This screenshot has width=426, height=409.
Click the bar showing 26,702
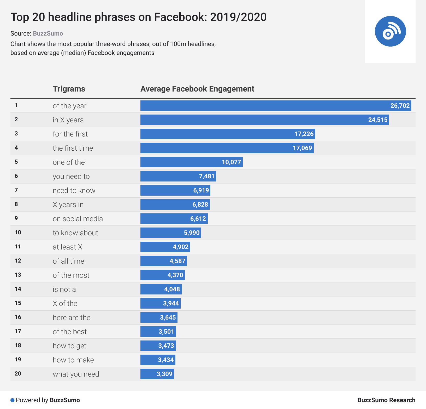click(276, 106)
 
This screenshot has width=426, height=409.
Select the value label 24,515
click(378, 120)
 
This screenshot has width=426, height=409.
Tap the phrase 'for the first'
click(70, 134)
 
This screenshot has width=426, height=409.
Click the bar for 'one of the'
click(191, 162)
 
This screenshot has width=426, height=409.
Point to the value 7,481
click(206, 176)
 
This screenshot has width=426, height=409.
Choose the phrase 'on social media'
click(78, 219)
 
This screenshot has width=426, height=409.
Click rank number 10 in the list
click(18, 232)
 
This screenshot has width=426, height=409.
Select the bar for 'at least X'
click(165, 247)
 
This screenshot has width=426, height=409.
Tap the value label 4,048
click(172, 289)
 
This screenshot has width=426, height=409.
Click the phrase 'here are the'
click(71, 317)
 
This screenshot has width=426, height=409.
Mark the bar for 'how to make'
click(158, 360)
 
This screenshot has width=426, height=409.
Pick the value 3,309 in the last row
click(164, 374)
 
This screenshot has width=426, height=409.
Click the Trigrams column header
click(69, 89)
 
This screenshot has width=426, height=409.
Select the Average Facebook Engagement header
click(197, 89)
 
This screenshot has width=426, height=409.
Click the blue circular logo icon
click(390, 31)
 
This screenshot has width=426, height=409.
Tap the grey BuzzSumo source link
click(48, 33)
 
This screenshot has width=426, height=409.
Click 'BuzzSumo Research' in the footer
click(386, 400)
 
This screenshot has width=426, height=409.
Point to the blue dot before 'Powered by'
click(12, 400)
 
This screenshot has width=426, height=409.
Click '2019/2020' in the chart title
click(238, 17)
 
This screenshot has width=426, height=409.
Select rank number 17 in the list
click(18, 331)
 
